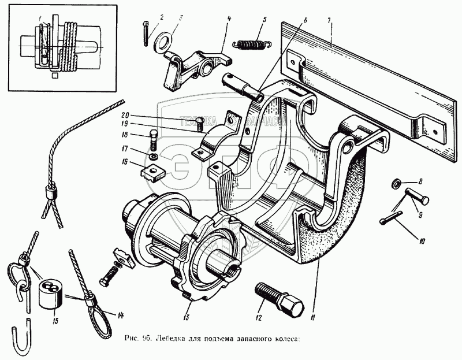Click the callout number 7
point(329,21)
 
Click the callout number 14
point(121,316)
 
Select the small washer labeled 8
point(396,184)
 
